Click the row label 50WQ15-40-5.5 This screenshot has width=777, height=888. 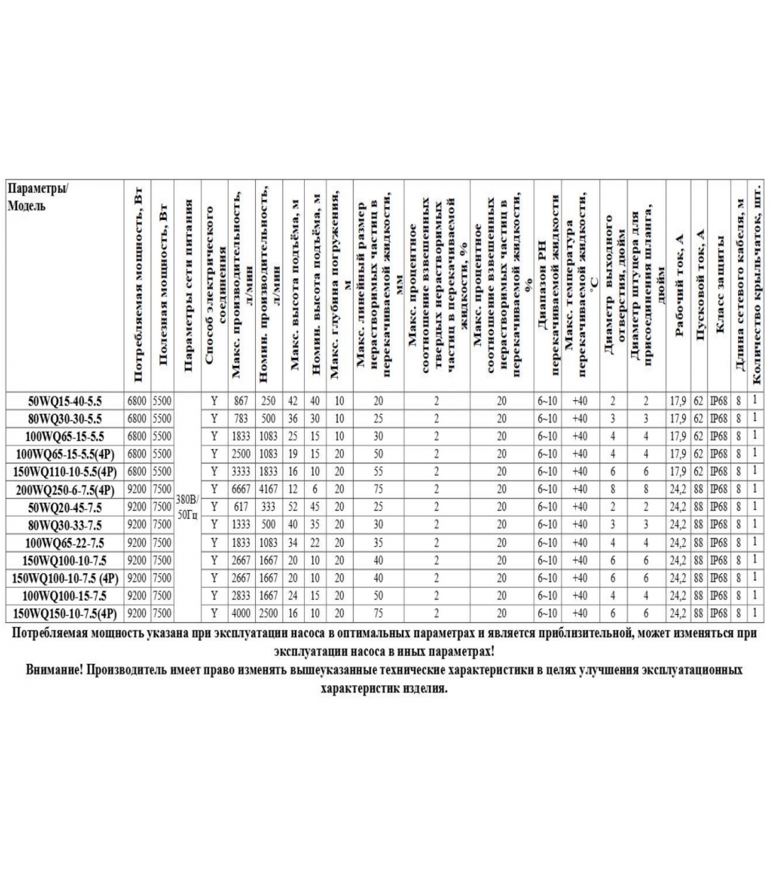65,401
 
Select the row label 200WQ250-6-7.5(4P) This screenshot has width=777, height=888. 65,490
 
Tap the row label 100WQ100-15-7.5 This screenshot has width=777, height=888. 65,596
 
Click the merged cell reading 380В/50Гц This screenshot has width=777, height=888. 187,507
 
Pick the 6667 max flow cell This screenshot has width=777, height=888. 241,490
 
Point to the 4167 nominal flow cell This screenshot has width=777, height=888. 268,490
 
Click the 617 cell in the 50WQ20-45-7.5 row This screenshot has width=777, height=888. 241,507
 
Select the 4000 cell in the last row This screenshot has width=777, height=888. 241,613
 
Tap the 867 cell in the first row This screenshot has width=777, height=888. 241,401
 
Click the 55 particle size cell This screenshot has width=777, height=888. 378,472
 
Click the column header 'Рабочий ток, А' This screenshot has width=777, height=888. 678,286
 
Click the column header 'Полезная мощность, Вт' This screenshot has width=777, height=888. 163,286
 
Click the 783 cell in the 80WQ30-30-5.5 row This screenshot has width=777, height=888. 241,418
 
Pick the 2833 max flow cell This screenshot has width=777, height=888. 241,596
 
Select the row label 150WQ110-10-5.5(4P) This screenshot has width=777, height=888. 65,472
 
